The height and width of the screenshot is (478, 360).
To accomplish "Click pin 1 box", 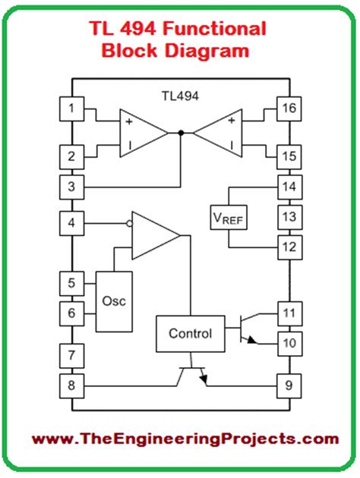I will tap(71, 108).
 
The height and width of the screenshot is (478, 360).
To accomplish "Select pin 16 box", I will tap(289, 108).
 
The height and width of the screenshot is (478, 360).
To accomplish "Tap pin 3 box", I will tap(71, 186).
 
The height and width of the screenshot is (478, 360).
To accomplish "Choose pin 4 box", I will tap(71, 223).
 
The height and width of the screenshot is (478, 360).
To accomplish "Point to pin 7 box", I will tap(71, 354).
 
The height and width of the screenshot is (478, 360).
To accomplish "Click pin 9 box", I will tap(289, 385).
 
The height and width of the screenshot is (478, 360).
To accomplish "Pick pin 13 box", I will tap(289, 217).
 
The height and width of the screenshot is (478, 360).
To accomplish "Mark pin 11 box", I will tap(289, 312).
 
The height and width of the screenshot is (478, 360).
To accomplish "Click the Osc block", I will tap(113, 300).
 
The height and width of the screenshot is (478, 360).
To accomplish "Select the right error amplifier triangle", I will tap(219, 133).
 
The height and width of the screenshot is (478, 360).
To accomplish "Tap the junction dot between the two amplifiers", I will tap(180, 133).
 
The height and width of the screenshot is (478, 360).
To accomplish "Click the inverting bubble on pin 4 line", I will tap(129, 223).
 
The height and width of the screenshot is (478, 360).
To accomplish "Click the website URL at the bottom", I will tap(179, 439).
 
